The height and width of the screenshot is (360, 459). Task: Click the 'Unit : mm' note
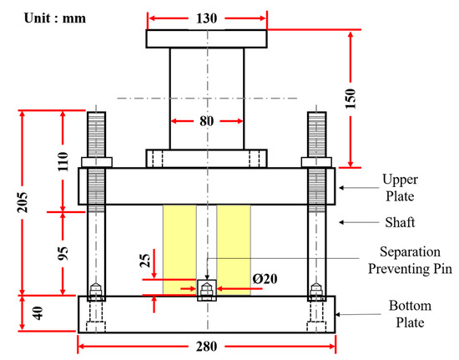point(55,18)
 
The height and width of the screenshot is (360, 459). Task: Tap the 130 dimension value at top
point(207,18)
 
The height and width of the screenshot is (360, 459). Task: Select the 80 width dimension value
point(207,121)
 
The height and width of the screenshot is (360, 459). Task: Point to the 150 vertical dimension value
point(351,99)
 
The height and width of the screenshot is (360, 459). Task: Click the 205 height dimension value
point(23,202)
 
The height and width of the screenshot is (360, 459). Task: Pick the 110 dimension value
point(63,161)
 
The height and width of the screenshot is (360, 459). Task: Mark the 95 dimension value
point(63,254)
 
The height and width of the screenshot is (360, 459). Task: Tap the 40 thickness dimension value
point(38,313)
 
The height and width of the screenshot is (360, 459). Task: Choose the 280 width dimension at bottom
point(207,347)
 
